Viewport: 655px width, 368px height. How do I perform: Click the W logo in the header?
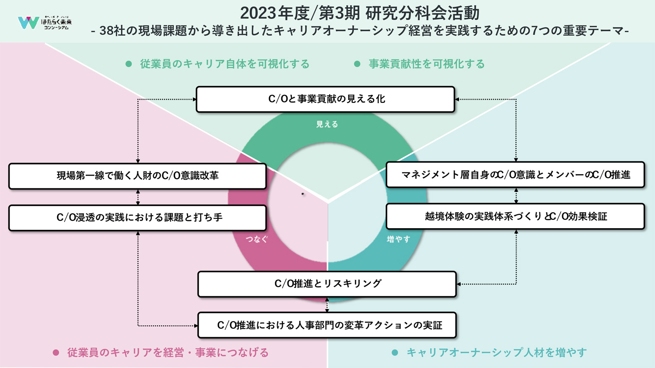(28, 23)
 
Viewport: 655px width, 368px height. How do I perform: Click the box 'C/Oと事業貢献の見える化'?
(325, 99)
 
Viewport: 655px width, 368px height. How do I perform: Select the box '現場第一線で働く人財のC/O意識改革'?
(137, 176)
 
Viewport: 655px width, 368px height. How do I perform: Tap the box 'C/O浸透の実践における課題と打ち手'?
(137, 218)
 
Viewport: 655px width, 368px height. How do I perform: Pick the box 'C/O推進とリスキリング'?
(327, 284)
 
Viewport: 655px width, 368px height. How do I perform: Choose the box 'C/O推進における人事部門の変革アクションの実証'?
(327, 325)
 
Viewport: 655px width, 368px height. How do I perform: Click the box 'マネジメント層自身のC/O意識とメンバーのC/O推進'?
(515, 175)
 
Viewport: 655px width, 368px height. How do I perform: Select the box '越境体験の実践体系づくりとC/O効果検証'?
(515, 217)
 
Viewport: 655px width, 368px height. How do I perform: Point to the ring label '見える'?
(327, 124)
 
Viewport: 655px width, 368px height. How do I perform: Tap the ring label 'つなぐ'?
(257, 239)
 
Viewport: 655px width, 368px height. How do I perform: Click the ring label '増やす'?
(398, 239)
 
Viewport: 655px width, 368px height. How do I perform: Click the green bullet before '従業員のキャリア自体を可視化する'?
(129, 64)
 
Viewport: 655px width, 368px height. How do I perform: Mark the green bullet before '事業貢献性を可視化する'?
(357, 64)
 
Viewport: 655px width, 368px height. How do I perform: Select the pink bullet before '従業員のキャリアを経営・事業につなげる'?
(56, 352)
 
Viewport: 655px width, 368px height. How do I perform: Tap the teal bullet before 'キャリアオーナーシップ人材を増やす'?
(395, 352)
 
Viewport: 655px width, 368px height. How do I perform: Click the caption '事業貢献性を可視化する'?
(427, 64)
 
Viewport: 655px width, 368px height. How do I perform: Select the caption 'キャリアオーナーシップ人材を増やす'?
(496, 352)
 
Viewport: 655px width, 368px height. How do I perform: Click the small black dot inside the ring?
(303, 194)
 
